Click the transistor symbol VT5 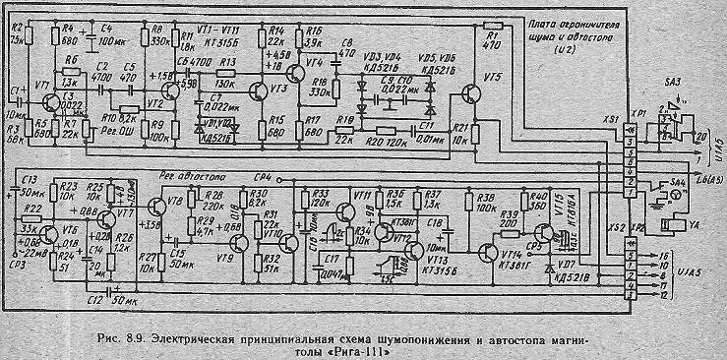tap(469, 95)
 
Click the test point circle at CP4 tap(279, 179)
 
